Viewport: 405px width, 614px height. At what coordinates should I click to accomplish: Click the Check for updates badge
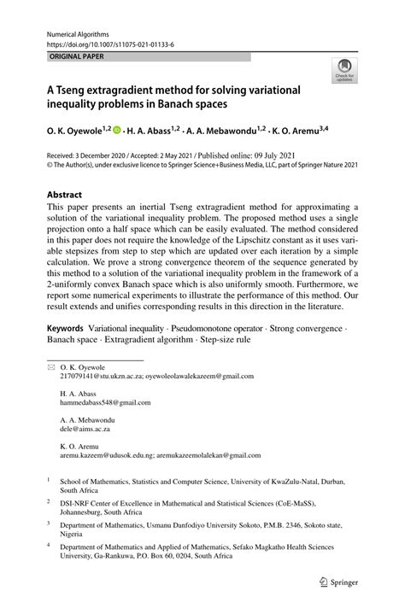click(x=346, y=71)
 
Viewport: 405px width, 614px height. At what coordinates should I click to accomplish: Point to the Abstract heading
click(x=64, y=194)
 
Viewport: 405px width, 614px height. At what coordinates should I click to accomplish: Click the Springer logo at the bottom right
click(x=340, y=582)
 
